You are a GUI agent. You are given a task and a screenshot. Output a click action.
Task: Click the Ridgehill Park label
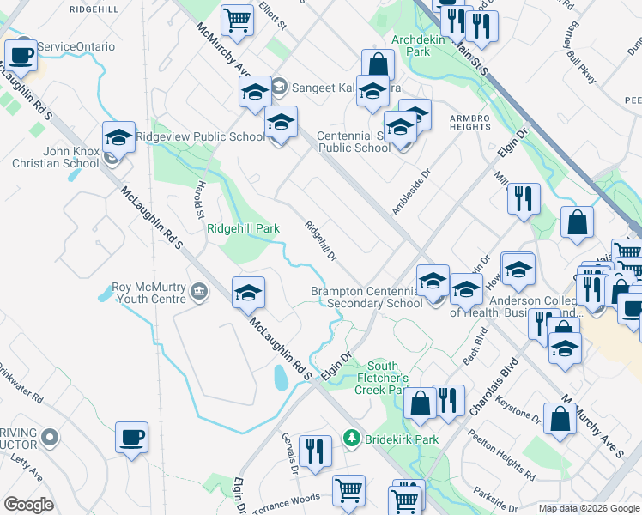243,229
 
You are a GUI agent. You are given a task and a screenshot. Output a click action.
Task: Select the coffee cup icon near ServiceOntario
21,57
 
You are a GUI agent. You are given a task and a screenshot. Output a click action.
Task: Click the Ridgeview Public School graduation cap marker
119,137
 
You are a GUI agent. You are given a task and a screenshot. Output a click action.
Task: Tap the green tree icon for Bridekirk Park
350,439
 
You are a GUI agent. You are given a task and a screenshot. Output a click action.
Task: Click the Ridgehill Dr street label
320,241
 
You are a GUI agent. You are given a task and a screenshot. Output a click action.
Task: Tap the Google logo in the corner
28,505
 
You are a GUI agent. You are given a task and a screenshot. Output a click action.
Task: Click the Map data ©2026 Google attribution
588,508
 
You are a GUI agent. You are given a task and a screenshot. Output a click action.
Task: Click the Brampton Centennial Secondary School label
366,297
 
